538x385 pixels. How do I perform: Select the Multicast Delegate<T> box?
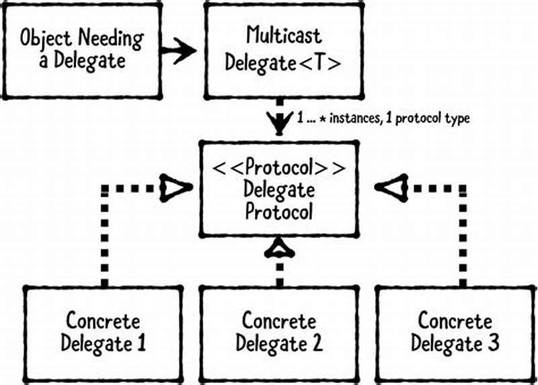[283, 49]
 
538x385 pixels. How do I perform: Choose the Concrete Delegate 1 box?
[104, 332]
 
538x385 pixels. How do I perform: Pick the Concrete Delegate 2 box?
[278, 332]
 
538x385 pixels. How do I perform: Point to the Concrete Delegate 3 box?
[455, 332]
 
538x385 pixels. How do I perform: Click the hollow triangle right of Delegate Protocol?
[388, 189]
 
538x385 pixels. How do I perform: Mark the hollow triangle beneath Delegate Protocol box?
[279, 250]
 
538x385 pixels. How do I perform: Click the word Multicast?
[283, 35]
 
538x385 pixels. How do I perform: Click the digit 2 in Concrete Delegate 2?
[317, 344]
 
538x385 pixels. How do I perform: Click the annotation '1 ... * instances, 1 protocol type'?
[383, 118]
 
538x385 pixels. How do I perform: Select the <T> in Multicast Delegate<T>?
[325, 63]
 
